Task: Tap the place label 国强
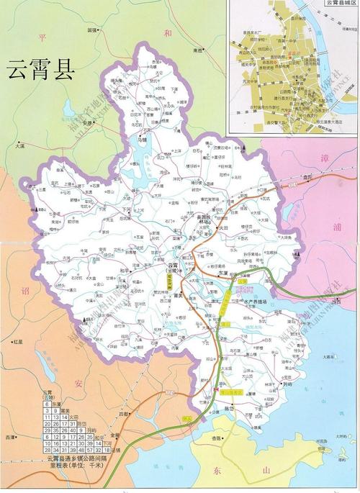[x=91, y=30]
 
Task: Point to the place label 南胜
[x=199, y=50]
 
